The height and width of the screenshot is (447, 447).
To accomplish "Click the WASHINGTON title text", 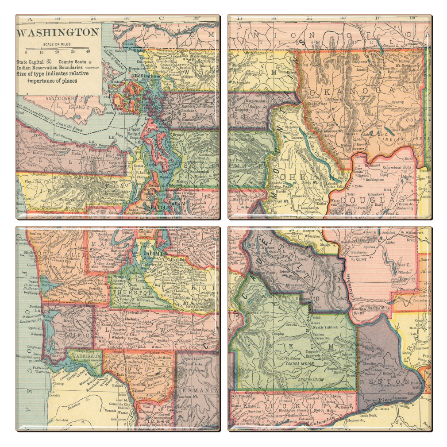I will coord(58,33).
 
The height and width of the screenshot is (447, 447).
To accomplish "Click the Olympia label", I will coord(120,275).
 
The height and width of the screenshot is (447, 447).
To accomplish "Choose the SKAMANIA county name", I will coord(197,390).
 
